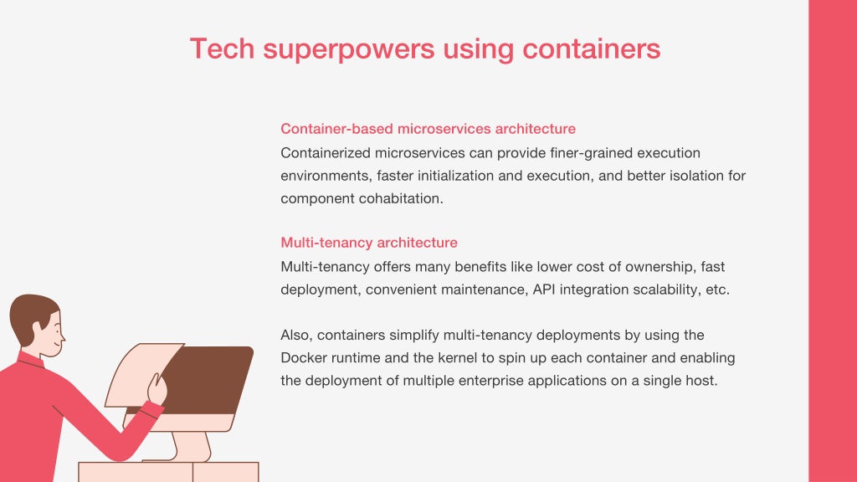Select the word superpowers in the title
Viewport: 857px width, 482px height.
tap(349, 49)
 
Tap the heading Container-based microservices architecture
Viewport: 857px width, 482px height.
tap(428, 128)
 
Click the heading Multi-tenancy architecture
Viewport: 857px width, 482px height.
tap(369, 242)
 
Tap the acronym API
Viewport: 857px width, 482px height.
tap(544, 289)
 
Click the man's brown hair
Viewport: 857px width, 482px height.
tap(30, 315)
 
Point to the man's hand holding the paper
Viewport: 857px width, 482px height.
tap(157, 389)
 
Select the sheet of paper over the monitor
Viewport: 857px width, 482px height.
tap(143, 375)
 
